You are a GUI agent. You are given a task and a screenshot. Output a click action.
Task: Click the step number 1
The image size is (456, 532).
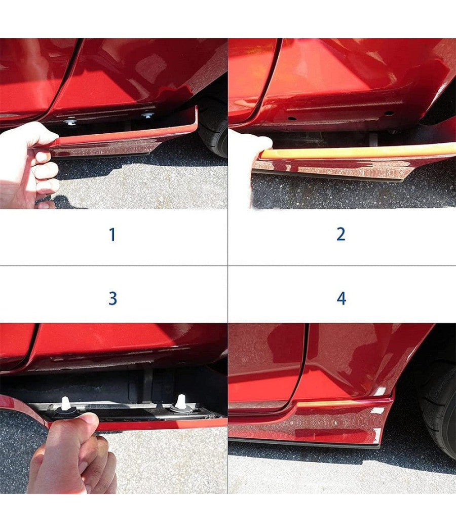[x=112, y=235]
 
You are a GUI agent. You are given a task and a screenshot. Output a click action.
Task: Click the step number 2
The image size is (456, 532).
[x=340, y=234]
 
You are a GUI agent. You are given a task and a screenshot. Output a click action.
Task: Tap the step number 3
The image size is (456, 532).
[x=112, y=298]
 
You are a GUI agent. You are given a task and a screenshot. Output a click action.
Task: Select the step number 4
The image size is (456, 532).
[x=341, y=298]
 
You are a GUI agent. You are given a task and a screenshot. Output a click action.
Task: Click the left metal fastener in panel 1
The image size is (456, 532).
[x=70, y=121]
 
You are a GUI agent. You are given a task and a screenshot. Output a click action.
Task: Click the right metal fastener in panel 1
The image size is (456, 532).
[x=148, y=115]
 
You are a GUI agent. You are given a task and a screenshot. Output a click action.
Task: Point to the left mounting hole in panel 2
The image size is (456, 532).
[x=291, y=119]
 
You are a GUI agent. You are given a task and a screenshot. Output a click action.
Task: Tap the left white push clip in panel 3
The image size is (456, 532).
[x=65, y=405]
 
